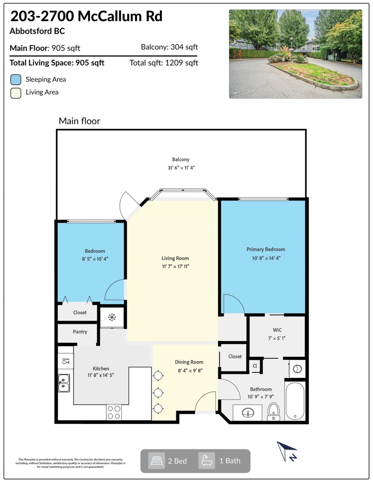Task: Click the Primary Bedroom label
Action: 266,250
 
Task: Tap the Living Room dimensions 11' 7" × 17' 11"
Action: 175,266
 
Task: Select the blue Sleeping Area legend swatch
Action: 16,80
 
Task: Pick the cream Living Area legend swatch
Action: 16,93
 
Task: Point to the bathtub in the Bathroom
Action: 295,401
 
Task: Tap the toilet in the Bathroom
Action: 274,412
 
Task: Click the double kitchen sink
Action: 64,383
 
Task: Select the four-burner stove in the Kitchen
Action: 114,412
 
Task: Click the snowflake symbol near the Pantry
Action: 112,318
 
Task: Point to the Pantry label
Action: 80,332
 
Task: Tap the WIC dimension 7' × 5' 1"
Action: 277,338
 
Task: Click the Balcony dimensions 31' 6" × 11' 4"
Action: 181,168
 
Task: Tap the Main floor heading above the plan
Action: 79,121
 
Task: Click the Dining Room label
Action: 189,362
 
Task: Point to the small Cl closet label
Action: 255,365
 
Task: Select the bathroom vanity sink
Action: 248,413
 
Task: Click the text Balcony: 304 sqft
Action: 169,47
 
